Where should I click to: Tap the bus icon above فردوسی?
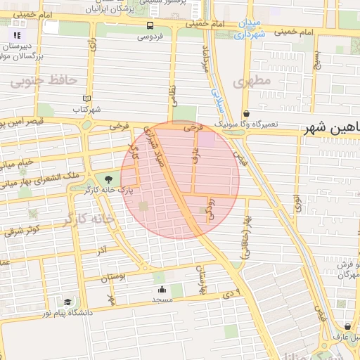click(x=150, y=25)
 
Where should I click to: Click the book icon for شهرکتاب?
click(x=86, y=100)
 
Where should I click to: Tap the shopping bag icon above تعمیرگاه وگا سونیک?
click(x=246, y=113)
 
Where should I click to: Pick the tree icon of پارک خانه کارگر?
click(x=108, y=179)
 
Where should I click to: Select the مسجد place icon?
click(x=162, y=289)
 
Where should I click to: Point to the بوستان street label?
click(x=112, y=278)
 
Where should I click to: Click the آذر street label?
click(x=102, y=250)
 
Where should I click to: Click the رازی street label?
click(x=91, y=46)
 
